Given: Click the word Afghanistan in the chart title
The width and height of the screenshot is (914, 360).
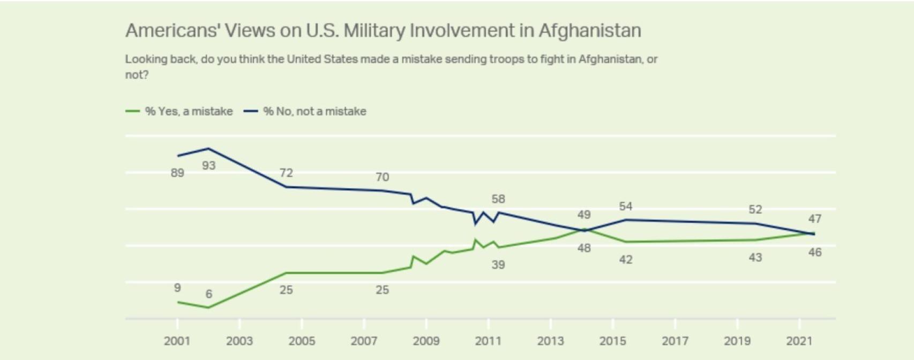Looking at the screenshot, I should pos(589,31).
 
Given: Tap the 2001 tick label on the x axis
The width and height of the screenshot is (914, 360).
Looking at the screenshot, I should pos(177,341).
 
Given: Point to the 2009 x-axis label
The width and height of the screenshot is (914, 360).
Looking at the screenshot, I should pos(426,341).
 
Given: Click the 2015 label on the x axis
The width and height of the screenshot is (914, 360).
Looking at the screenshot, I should pos(613,341).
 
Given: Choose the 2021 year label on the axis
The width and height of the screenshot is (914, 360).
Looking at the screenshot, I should pos(799,341).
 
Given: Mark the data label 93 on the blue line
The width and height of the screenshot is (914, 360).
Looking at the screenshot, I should pos(209,166).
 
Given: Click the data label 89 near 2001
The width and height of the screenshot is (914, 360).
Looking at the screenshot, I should pos(177,173).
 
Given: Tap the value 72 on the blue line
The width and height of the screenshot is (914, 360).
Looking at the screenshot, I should pos(286,173).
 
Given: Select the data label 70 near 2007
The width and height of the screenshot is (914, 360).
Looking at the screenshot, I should pos(382,177).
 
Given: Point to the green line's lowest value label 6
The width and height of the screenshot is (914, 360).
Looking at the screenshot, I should pos(209,294).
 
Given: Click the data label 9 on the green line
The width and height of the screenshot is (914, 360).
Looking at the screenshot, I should pos(177,288).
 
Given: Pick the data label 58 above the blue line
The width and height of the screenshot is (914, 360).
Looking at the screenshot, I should pos(498,199).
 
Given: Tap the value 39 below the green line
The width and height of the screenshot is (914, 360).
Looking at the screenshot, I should pos(498,265).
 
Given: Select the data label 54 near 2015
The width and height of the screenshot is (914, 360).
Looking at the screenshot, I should pos(626,207).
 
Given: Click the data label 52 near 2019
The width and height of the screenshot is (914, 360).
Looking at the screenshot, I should pos(755,209).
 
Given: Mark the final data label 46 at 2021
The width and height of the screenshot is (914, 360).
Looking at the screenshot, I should pos(815,252).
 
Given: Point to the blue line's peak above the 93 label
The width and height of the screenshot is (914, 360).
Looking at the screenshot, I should pos(209,148).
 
